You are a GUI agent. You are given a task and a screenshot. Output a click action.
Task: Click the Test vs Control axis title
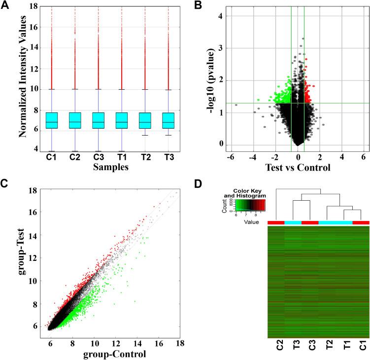[x=298, y=168]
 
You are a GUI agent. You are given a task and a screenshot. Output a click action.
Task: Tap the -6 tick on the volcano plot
[x=230, y=157]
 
